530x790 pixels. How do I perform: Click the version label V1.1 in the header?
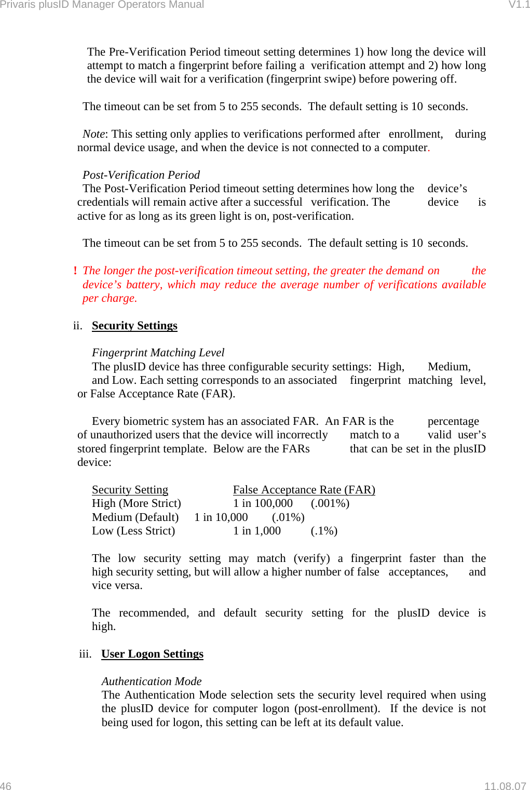point(519,5)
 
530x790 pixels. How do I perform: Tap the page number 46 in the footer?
point(6,786)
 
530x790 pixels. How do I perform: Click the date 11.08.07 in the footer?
point(505,786)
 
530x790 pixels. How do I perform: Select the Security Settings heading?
point(134,326)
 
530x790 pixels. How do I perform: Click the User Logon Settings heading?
point(152,654)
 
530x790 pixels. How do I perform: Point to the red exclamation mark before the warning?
point(75,271)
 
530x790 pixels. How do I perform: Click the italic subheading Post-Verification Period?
point(141,175)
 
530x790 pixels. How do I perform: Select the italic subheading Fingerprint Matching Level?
point(158,353)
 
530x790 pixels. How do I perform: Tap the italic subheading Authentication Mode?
point(151,681)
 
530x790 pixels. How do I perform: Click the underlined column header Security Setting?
point(130,490)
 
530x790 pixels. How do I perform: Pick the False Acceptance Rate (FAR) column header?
point(304,490)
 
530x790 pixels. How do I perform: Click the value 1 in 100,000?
point(263,503)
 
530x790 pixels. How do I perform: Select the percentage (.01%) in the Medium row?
point(288,517)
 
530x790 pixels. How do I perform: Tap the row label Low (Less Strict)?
point(133,531)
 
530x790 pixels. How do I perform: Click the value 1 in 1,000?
point(256,531)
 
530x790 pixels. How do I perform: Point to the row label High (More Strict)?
point(136,503)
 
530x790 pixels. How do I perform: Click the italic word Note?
point(93,134)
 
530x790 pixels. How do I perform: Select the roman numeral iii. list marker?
point(85,654)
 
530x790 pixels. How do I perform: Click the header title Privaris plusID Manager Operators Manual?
point(102,5)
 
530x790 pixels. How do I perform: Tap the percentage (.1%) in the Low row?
point(324,531)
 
